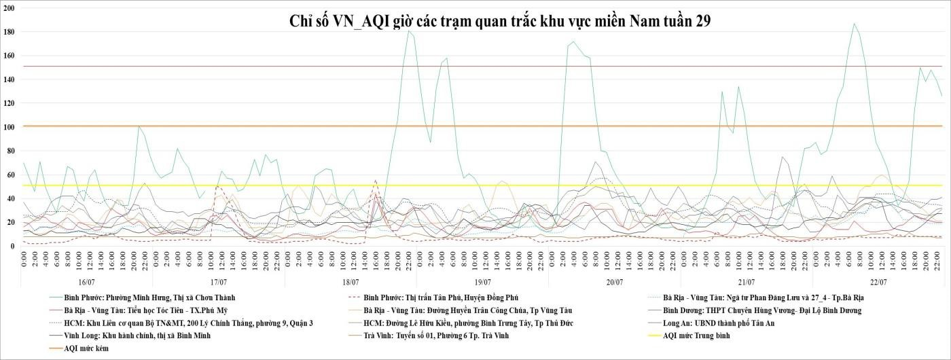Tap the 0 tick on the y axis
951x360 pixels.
[14, 246]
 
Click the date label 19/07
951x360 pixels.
[482, 281]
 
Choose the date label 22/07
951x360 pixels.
[878, 281]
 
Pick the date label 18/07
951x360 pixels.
[351, 281]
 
